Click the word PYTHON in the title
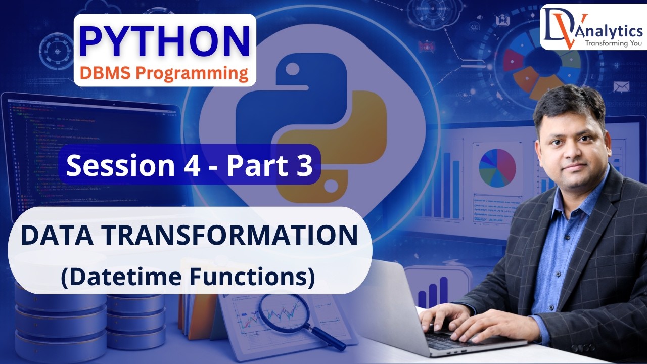coord(165,41)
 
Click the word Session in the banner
coord(117,165)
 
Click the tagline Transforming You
coord(613,43)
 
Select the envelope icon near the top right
coord(621,87)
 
